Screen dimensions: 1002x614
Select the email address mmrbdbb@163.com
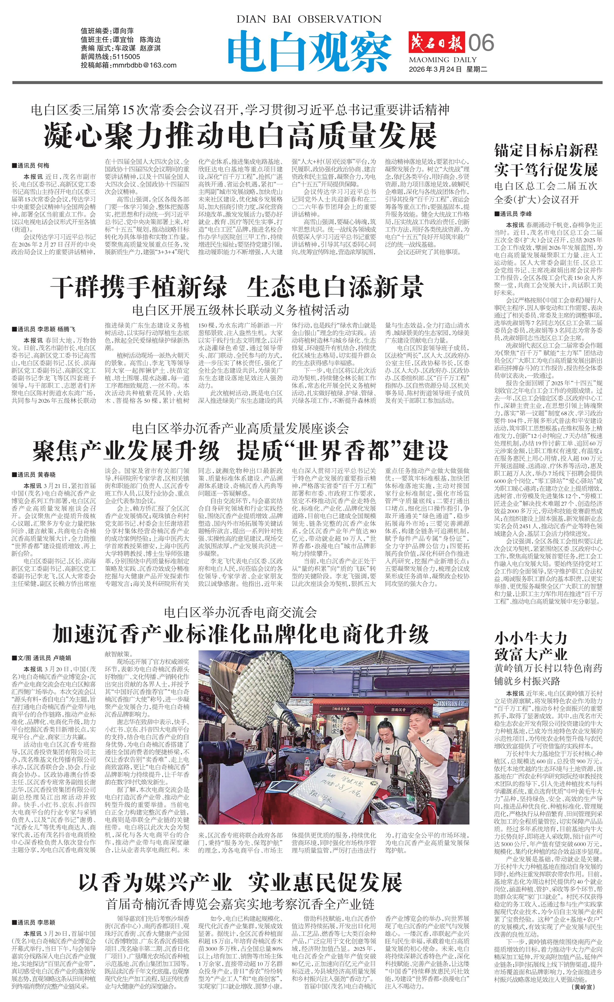tap(144, 65)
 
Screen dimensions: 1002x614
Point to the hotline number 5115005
tap(126, 57)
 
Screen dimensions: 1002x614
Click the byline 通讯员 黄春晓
tap(36, 475)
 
